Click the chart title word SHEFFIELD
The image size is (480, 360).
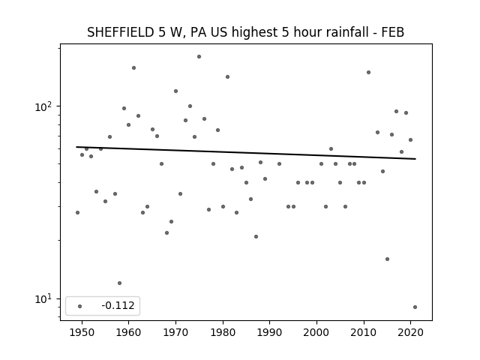[x=121, y=32]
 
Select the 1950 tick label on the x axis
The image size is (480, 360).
[x=82, y=332]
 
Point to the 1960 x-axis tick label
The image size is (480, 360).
[x=128, y=332]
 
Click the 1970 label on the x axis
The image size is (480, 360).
[x=175, y=332]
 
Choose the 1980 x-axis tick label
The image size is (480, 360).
[x=223, y=332]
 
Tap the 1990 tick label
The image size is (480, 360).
[x=270, y=332]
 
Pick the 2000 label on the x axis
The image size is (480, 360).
[x=316, y=332]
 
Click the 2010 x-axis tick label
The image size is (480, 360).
[x=364, y=332]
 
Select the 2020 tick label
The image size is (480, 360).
[x=411, y=332]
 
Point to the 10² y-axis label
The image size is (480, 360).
[x=43, y=106]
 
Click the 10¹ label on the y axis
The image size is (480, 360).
[x=43, y=299]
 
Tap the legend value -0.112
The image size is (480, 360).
[x=118, y=305]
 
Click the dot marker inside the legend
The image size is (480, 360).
[x=80, y=306]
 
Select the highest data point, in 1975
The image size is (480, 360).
[x=199, y=57]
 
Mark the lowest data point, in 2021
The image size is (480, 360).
[x=415, y=307]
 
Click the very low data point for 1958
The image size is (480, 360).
[x=119, y=283]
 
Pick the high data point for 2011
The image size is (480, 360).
[x=368, y=72]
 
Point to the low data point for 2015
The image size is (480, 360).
[x=387, y=259]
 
